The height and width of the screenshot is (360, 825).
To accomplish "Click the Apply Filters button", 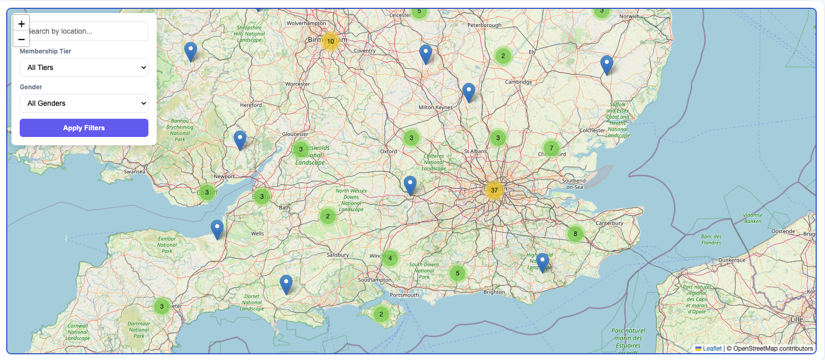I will point(84,128).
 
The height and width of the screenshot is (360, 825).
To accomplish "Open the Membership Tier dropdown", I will point(84,67).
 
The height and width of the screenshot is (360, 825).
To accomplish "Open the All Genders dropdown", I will point(84,103).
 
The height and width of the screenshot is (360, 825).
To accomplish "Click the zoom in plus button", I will point(21,24).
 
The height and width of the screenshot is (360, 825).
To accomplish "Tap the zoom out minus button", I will point(21,39).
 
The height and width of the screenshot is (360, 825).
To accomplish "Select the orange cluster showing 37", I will point(494,190).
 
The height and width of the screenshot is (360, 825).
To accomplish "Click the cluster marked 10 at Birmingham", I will point(331,41).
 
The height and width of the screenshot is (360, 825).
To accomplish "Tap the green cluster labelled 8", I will point(575,234).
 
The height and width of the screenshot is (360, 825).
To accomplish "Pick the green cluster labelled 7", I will point(551,148).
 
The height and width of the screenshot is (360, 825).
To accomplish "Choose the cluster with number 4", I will point(390,258).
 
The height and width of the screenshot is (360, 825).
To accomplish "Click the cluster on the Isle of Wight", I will point(381,314).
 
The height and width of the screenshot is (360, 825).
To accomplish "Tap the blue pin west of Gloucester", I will point(240,140).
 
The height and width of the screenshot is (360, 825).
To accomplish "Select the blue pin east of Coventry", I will point(425,53).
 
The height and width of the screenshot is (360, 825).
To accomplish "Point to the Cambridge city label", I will point(518,82).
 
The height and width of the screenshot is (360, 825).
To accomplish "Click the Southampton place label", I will point(375,280).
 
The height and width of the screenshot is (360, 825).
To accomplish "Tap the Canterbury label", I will point(609,223).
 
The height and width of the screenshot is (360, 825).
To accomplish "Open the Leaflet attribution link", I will point(712,349).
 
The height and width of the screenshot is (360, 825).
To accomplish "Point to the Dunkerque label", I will point(732,260).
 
